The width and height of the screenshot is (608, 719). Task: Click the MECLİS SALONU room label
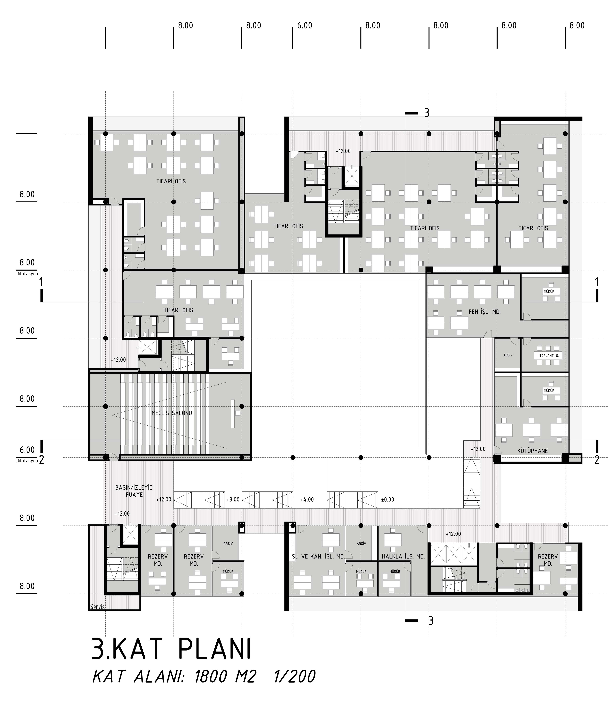pyautogui.click(x=172, y=413)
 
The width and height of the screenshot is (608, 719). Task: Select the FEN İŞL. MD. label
pyautogui.click(x=485, y=312)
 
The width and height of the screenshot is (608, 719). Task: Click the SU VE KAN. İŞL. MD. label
pyautogui.click(x=318, y=556)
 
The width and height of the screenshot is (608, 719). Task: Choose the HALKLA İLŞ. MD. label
pyautogui.click(x=403, y=556)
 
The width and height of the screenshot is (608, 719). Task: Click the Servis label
pyautogui.click(x=97, y=607)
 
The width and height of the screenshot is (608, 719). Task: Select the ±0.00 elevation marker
pyautogui.click(x=387, y=499)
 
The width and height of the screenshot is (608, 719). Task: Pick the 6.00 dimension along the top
pyautogui.click(x=305, y=26)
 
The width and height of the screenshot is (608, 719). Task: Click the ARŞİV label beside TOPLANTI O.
pyautogui.click(x=508, y=355)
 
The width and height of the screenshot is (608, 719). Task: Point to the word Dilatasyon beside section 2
pyautogui.click(x=27, y=461)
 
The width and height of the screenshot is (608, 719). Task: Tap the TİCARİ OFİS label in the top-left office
pyautogui.click(x=171, y=181)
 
